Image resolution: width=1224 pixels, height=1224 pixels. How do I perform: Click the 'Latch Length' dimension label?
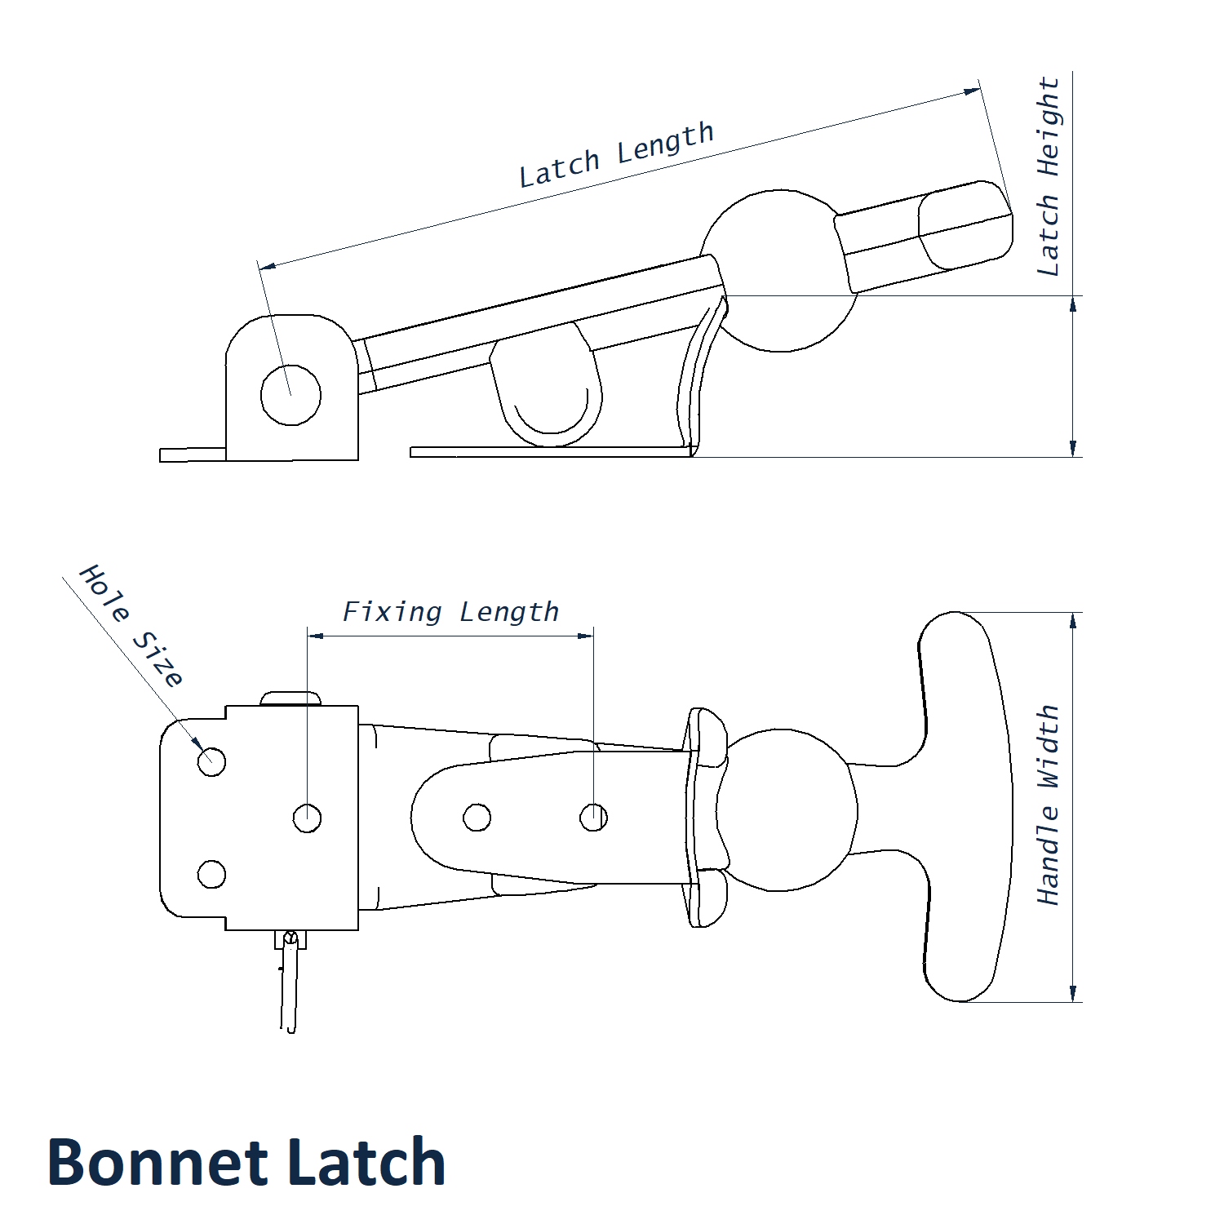[x=617, y=155]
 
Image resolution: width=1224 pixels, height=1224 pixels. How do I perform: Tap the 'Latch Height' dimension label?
[x=1049, y=176]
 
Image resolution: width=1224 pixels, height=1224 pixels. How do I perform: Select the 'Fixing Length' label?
[x=450, y=612]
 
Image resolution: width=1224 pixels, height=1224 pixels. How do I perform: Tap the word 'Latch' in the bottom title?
[x=367, y=1162]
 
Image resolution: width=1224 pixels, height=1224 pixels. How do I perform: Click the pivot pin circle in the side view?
[x=290, y=395]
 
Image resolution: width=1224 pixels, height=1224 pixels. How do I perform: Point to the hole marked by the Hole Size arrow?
[x=211, y=762]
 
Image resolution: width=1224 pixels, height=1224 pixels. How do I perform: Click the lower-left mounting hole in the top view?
[x=211, y=874]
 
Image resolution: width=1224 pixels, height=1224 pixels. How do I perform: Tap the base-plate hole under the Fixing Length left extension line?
[x=307, y=818]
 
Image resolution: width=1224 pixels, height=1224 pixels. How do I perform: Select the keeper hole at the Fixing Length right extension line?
[x=593, y=817]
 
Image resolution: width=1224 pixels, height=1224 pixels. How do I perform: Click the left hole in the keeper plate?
[x=477, y=817]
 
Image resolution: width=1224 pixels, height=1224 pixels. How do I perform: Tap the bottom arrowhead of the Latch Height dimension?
[x=1073, y=448]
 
